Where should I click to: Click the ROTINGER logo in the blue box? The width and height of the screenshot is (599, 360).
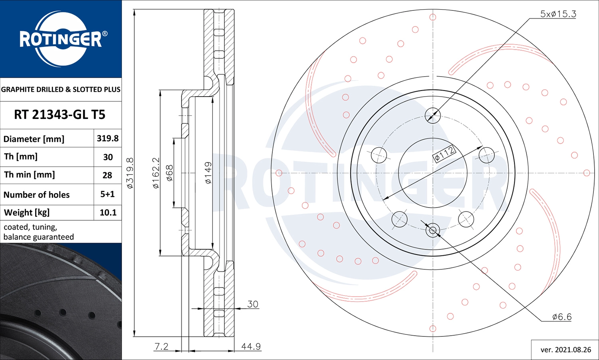pyautogui.click(x=61, y=39)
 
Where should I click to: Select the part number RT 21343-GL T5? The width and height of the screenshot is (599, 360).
pyautogui.click(x=60, y=115)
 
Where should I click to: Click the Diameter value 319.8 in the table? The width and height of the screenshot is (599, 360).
pyautogui.click(x=107, y=138)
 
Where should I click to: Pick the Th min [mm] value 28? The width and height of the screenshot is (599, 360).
pyautogui.click(x=107, y=175)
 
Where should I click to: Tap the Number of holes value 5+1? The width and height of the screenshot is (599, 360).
pyautogui.click(x=107, y=194)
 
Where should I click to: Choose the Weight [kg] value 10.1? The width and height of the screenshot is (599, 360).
pyautogui.click(x=108, y=213)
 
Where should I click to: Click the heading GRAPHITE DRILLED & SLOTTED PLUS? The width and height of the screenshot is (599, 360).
pyautogui.click(x=61, y=89)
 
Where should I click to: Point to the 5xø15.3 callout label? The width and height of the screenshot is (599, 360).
pyautogui.click(x=558, y=14)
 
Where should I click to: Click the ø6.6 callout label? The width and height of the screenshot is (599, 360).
pyautogui.click(x=561, y=317)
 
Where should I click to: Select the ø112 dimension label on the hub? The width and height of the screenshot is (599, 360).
pyautogui.click(x=444, y=153)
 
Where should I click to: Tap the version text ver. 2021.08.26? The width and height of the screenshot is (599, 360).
pyautogui.click(x=565, y=350)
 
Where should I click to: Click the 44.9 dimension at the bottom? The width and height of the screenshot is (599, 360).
pyautogui.click(x=251, y=346)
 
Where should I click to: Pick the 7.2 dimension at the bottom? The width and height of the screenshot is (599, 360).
pyautogui.click(x=161, y=346)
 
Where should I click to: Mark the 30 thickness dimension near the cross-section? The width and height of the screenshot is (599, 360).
pyautogui.click(x=252, y=304)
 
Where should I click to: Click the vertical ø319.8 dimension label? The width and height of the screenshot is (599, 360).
pyautogui.click(x=130, y=173)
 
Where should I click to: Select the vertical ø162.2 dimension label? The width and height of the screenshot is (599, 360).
pyautogui.click(x=156, y=173)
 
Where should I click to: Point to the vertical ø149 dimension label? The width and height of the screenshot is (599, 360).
pyautogui.click(x=208, y=173)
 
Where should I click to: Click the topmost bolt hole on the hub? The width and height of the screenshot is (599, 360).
pyautogui.click(x=433, y=116)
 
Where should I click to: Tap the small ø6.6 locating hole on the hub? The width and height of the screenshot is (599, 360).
pyautogui.click(x=433, y=230)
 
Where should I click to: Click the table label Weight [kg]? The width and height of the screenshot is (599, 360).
pyautogui.click(x=27, y=213)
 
